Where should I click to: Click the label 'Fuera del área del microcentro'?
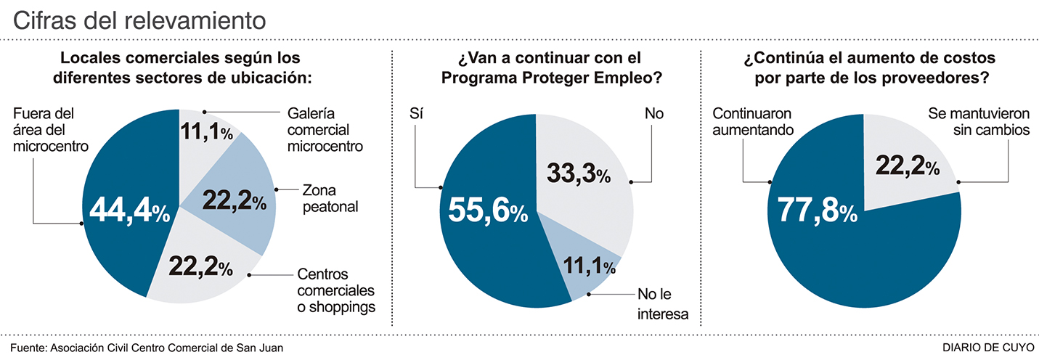click(51, 131)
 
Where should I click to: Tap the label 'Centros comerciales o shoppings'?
click(336, 290)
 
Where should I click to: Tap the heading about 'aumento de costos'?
click(868, 67)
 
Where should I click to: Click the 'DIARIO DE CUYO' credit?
click(990, 347)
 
